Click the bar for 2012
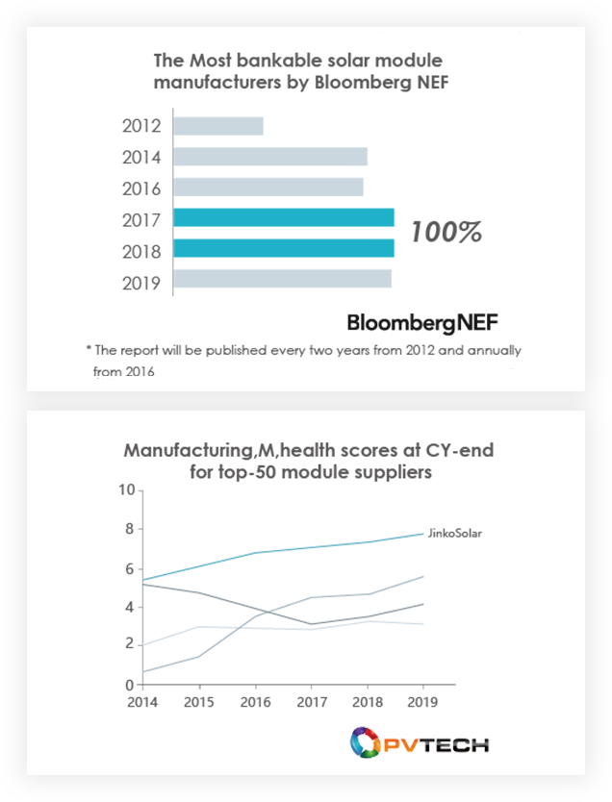pos(217,126)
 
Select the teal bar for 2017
pos(283,217)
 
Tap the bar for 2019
pos(282,280)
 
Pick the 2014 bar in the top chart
pos(269,157)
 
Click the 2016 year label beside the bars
pos(141,188)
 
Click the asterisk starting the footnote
pos(88,349)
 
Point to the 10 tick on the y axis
pos(126,490)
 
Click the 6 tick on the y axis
pos(129,569)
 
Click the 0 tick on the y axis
pos(130,686)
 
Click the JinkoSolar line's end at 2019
pos(422,534)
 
